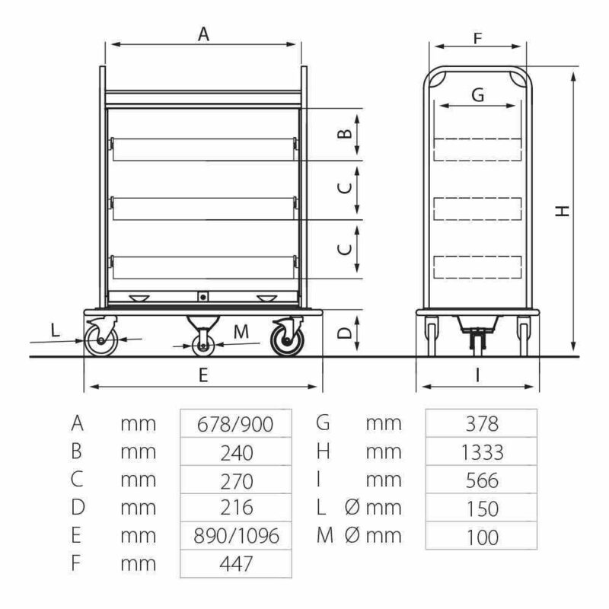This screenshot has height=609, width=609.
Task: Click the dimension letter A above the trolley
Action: point(203,34)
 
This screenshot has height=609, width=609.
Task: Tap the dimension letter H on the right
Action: point(562,211)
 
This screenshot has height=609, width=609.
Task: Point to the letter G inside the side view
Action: point(478,94)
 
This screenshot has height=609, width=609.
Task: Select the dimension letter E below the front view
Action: point(203,375)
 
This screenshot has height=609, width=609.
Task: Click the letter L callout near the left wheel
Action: point(55,330)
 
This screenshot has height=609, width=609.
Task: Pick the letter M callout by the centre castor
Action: point(241,332)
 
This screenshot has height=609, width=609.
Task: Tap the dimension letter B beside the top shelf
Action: point(345,134)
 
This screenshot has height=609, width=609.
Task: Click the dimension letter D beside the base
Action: point(345,333)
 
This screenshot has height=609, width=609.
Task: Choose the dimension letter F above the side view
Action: point(478,39)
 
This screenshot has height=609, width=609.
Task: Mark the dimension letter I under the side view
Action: point(477,375)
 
